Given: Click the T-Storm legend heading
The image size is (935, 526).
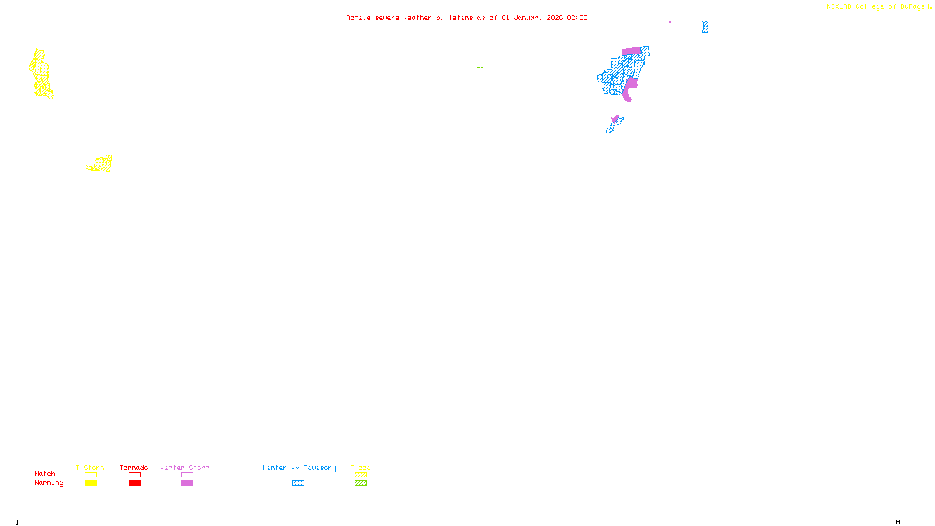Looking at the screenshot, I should coord(90,468).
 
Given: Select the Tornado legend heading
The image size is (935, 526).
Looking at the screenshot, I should coord(134,468).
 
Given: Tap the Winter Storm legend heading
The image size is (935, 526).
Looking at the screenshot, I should coord(185,468).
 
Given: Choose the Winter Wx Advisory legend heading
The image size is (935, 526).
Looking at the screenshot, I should coord(299,468).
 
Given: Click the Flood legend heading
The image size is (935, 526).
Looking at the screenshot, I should coord(361,468).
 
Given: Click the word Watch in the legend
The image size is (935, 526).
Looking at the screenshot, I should coord(45,473).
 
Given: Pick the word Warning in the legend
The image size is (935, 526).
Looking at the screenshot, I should coord(49,483).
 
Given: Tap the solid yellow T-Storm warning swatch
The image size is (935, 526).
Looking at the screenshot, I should coord(91,483).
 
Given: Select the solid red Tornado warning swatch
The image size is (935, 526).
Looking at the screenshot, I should coord(134,483).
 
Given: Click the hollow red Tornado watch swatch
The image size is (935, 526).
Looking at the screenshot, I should coord(134,475).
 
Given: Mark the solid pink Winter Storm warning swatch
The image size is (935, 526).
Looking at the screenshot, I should coord(187,483).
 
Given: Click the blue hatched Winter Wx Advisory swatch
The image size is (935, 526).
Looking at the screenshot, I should coord(298,483).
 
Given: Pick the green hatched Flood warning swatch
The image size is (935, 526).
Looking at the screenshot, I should coord(361,483).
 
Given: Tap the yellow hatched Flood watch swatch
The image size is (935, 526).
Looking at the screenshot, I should coord(361,475).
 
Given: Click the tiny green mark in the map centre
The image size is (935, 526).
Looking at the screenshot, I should coord(480,68).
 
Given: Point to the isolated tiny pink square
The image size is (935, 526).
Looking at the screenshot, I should coord(670,22).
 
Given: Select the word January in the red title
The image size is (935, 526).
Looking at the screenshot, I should coord(528,18).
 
